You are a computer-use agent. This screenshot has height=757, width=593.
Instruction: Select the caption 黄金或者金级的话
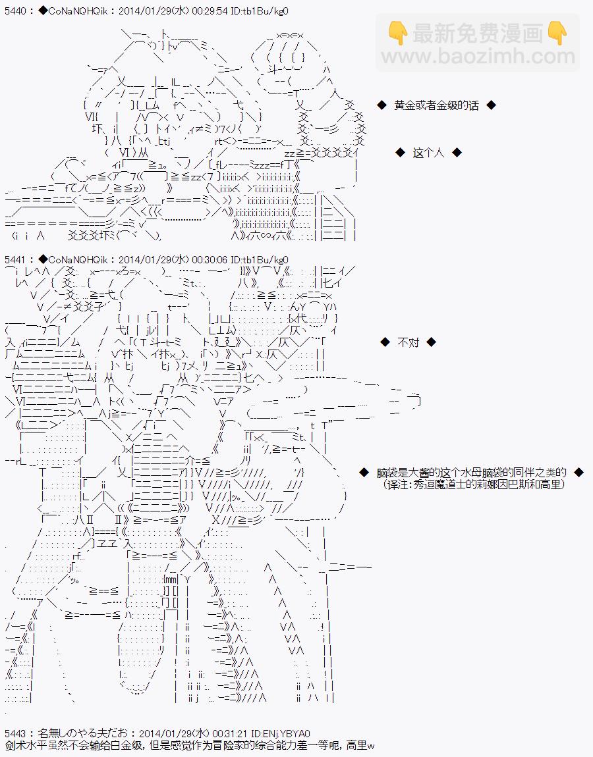(436, 105)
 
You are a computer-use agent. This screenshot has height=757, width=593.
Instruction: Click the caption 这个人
(428, 153)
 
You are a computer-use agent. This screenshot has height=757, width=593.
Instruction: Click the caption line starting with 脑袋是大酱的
(471, 472)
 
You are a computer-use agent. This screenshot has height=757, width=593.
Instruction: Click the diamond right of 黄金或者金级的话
(491, 105)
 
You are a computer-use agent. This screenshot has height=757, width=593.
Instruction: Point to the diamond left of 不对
(385, 342)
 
